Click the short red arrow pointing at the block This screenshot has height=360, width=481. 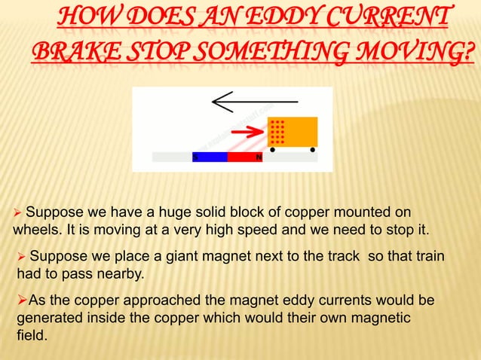pyautogui.click(x=247, y=134)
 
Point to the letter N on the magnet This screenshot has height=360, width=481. pyautogui.click(x=259, y=158)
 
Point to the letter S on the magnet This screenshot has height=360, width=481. pyautogui.click(x=195, y=158)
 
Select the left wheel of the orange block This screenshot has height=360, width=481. pyautogui.click(x=272, y=150)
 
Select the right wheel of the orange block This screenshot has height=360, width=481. pyautogui.click(x=312, y=150)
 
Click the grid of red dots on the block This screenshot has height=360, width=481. pyautogui.click(x=277, y=131)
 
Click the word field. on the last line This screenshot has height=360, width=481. pyautogui.click(x=32, y=337)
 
